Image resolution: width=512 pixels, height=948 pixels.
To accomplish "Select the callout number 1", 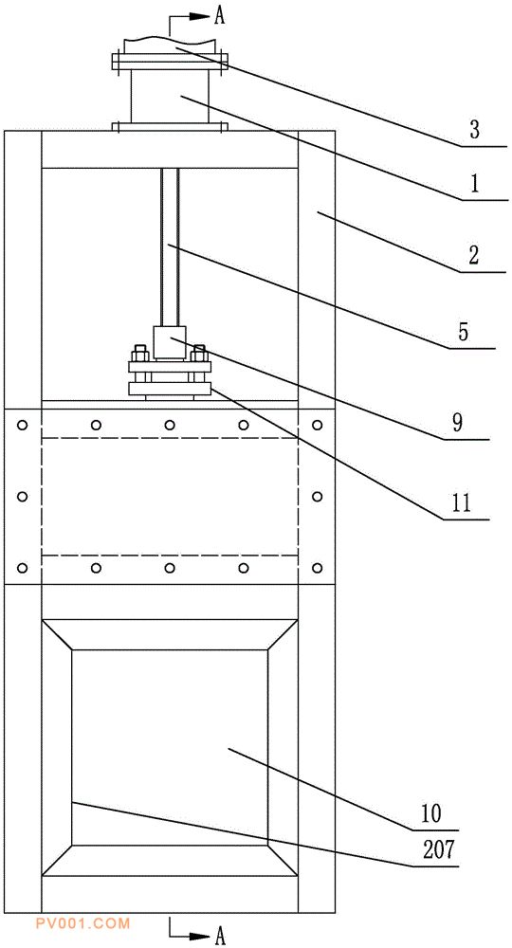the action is [x=475, y=184].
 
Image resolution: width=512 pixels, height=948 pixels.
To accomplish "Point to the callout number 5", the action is [x=463, y=332].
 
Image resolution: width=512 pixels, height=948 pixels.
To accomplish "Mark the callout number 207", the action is [x=438, y=850].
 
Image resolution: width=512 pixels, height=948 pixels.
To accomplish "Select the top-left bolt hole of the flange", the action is [x=23, y=425].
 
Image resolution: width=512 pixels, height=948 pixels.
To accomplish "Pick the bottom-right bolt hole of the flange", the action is [x=318, y=568].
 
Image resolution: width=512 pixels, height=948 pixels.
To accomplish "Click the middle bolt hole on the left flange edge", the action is [x=23, y=497].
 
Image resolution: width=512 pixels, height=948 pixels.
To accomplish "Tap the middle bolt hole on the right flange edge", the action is [x=318, y=497].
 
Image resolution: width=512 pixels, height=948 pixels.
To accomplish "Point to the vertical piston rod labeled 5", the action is [x=170, y=247].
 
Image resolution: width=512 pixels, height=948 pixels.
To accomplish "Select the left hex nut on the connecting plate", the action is [x=139, y=353].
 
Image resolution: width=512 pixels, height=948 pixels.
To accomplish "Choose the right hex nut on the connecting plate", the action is [x=199, y=353].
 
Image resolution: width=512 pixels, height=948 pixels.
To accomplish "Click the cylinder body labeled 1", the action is [x=170, y=97].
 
